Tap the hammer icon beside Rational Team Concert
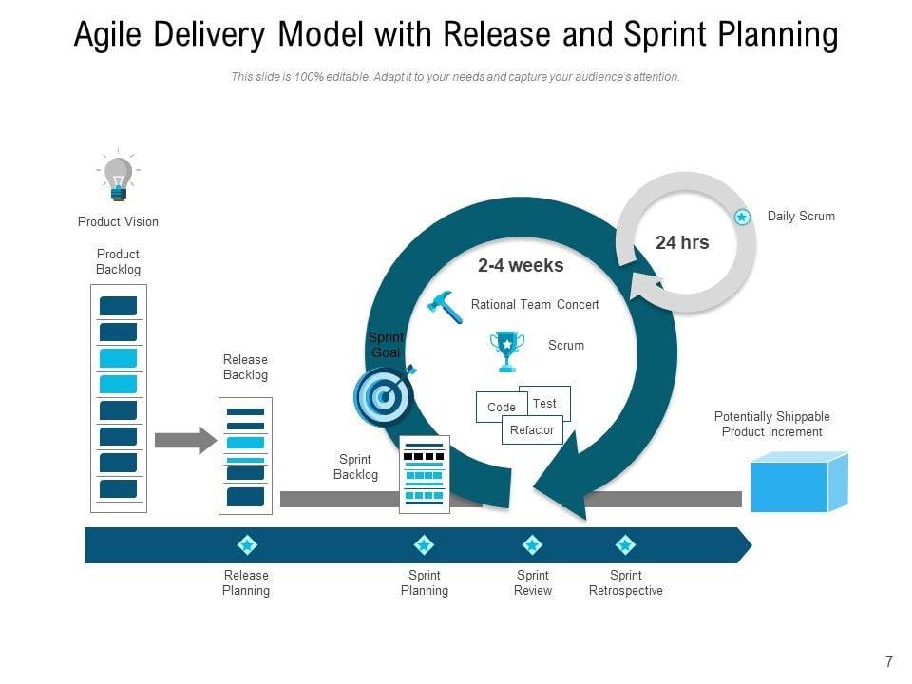point(445,307)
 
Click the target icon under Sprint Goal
point(385,395)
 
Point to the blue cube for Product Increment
point(799,482)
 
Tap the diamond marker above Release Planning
point(247,545)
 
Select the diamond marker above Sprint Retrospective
point(625,545)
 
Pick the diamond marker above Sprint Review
point(532,545)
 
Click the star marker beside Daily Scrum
point(742,217)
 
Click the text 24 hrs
point(682,242)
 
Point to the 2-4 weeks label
point(521,266)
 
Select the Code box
point(502,407)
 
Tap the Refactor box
point(532,429)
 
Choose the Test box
point(546,401)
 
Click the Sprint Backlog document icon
point(425,475)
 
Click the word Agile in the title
point(107,34)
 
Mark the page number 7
point(889,661)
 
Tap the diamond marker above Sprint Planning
point(424,545)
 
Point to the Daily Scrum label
point(801,217)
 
